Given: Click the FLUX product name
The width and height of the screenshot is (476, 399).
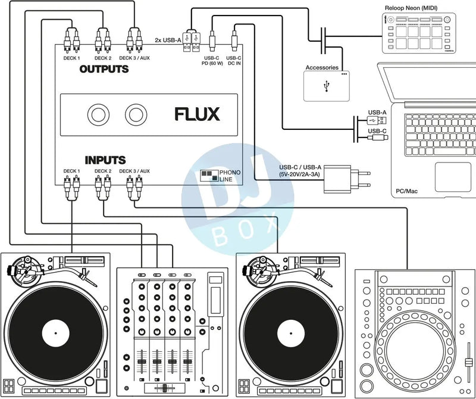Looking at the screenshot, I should click(x=197, y=114).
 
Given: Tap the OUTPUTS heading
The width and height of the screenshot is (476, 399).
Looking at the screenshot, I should click(x=104, y=69).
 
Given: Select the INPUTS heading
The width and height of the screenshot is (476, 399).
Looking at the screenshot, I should click(x=105, y=160).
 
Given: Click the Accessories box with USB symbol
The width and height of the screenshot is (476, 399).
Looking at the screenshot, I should click(x=326, y=86).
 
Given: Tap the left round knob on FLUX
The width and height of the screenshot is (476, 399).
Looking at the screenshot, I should click(x=96, y=114).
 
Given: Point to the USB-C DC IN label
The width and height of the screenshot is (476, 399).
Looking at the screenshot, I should click(x=234, y=61).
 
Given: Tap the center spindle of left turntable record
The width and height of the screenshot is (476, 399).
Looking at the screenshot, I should click(x=51, y=331).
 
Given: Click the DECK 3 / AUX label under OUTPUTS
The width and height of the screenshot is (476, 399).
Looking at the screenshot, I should click(x=134, y=58).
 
